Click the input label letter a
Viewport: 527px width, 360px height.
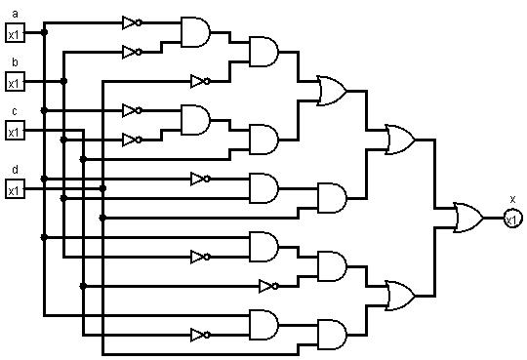tap(14, 14)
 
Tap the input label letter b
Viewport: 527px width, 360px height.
tap(14, 62)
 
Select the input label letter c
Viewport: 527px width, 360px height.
tap(14, 111)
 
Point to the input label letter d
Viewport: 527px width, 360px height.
tap(14, 170)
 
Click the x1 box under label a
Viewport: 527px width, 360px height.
tap(14, 33)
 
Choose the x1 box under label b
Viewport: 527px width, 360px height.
tap(14, 81)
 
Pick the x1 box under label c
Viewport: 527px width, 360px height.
tap(14, 130)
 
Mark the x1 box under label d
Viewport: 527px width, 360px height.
tap(14, 188)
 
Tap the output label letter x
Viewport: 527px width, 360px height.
tap(512, 199)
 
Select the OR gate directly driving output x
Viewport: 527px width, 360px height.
tap(468, 218)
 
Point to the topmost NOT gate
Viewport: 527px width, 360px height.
tap(132, 21)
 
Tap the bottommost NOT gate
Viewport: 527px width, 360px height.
tap(200, 334)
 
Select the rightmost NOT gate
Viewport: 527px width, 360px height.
tap(268, 286)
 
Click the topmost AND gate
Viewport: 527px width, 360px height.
tap(195, 32)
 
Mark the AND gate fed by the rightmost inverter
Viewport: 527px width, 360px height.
tap(332, 265)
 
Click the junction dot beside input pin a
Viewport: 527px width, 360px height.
tap(44, 32)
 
